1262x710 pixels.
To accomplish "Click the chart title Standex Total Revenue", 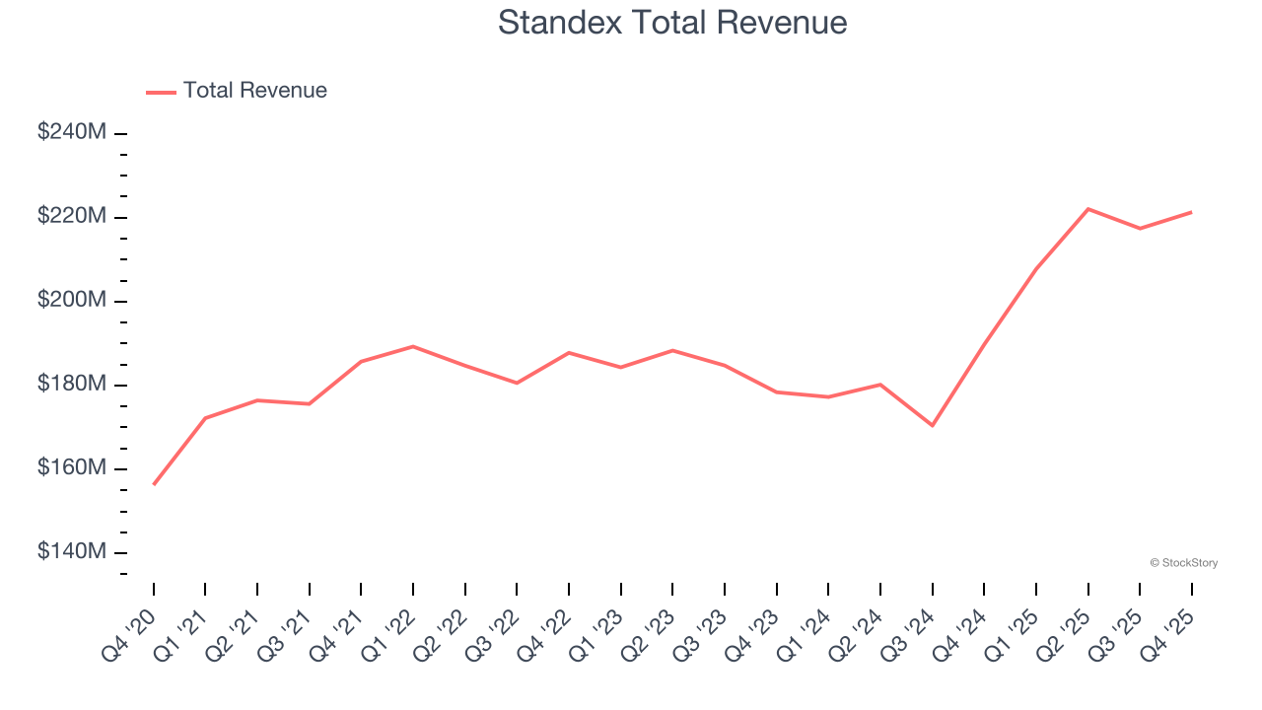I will point(672,22).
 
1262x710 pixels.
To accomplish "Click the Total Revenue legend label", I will point(254,91).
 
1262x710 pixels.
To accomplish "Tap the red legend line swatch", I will point(161,92).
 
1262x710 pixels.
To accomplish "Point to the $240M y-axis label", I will point(72,132).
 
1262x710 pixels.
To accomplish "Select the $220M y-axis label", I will point(72,216).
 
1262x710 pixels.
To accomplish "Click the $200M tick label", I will point(72,300).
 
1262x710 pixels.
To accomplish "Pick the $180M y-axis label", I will point(72,384).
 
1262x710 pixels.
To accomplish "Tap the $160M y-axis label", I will point(72,467).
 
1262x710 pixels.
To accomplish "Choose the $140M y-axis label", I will point(72,551).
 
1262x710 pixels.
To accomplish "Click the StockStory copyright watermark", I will point(1183,563).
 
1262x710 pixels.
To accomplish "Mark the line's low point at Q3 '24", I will point(932,425).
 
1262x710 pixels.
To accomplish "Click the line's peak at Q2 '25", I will point(1087,209).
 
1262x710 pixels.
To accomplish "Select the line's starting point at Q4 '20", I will point(154,484).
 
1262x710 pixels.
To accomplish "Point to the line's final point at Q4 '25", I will point(1191,212).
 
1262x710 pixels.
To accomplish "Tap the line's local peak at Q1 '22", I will point(413,346).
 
